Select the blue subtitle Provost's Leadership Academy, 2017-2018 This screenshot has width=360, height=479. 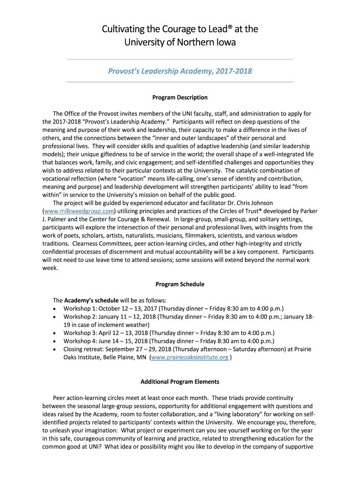click(x=180, y=71)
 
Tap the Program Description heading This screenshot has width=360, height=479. click(x=180, y=97)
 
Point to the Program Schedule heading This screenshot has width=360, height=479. click(x=180, y=284)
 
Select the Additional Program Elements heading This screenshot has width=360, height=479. click(x=180, y=381)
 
